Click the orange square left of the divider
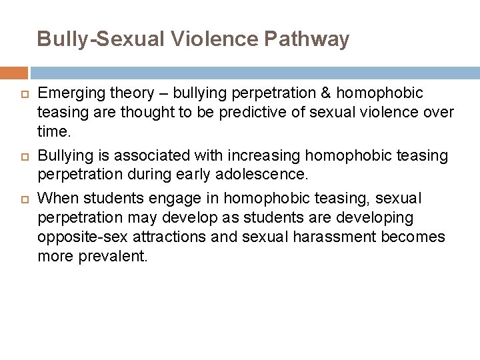pos(13,73)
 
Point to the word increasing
pos(243,155)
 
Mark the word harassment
pos(321,237)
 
